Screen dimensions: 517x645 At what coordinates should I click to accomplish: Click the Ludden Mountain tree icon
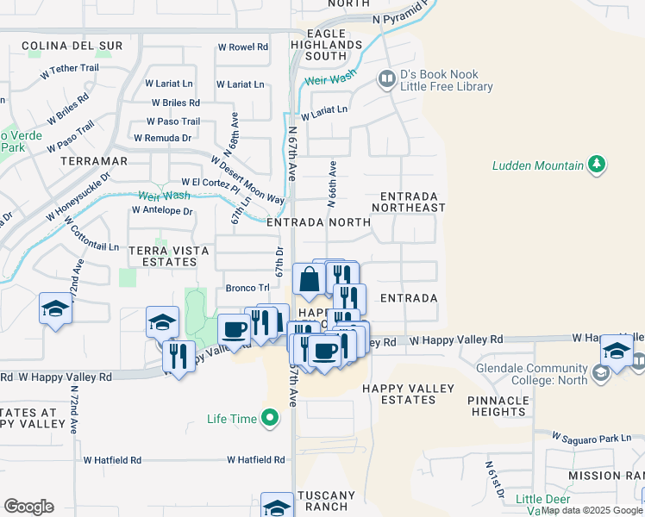595,165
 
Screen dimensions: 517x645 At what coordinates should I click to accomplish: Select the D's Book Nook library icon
386,79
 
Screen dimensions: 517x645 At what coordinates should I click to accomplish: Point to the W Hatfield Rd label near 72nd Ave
112,461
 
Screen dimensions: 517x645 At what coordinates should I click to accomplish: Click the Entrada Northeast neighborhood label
409,202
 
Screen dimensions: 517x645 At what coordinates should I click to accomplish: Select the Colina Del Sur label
59,45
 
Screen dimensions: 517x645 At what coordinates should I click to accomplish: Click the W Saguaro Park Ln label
592,439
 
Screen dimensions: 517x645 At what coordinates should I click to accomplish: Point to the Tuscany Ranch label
325,501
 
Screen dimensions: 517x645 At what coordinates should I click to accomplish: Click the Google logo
28,507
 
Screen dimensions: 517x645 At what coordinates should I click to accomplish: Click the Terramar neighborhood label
94,161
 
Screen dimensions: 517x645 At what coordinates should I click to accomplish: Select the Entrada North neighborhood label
318,222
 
